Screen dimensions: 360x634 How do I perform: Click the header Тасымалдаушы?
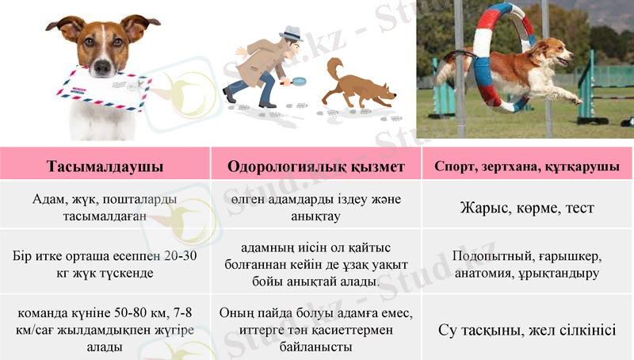[105, 167]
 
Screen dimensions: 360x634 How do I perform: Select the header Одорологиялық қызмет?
[315, 167]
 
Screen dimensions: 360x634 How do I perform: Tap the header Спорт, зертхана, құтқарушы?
[527, 167]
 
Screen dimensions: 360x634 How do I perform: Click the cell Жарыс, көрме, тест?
[527, 209]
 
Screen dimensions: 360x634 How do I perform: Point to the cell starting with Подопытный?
[527, 265]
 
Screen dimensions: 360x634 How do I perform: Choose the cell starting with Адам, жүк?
[105, 208]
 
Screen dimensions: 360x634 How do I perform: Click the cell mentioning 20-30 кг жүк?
[105, 265]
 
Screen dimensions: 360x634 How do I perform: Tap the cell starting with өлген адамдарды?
[315, 208]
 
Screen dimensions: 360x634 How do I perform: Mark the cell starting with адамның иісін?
[315, 265]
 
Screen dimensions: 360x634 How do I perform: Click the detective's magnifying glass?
[298, 80]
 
